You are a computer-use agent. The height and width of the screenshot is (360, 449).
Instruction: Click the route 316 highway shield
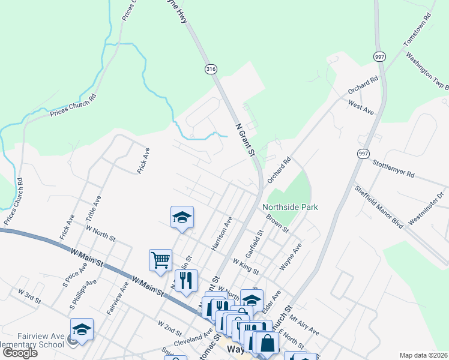[210, 69]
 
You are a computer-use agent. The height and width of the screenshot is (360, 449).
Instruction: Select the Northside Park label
[290, 207]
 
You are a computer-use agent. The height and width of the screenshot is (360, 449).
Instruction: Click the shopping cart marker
[160, 260]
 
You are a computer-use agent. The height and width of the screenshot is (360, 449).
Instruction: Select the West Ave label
[361, 107]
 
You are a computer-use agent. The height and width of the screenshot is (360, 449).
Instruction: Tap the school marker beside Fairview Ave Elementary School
[82, 329]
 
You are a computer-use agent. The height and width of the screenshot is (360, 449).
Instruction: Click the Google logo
[20, 353]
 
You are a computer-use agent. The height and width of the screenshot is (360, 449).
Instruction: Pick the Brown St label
[277, 223]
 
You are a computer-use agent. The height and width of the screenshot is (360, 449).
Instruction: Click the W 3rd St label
[29, 295]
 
